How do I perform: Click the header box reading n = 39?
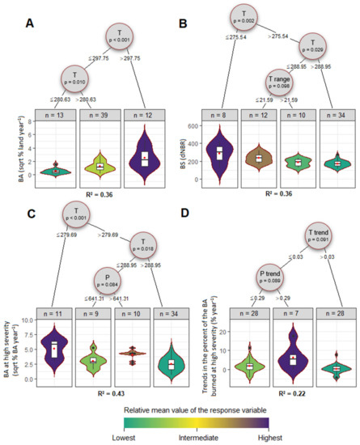point(97,116)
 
